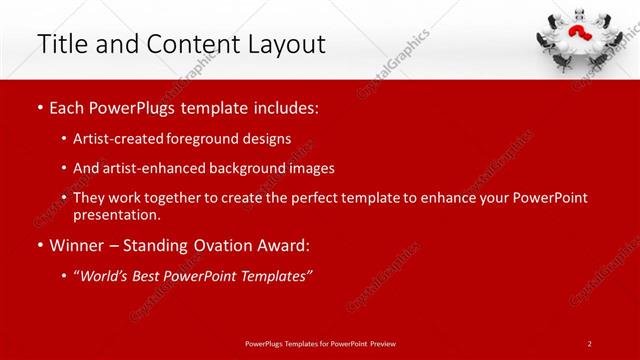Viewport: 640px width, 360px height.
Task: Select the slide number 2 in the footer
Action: point(590,343)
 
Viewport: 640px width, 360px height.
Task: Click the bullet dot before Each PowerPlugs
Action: point(39,106)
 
